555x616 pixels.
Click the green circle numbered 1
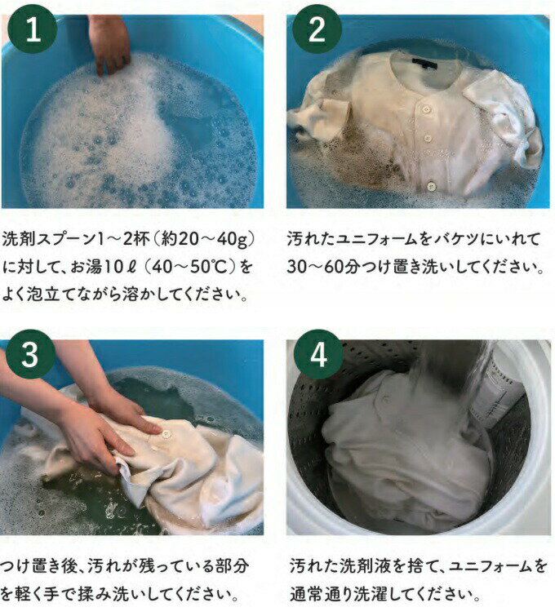coord(33,29)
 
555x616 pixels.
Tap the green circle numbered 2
coord(317,29)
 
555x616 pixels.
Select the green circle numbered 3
coord(30,354)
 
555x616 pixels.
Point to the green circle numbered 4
coord(318,354)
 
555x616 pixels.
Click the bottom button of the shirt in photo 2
coord(431,185)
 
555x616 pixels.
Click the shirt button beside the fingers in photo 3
coord(166,434)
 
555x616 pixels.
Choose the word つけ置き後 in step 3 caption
coord(39,566)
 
